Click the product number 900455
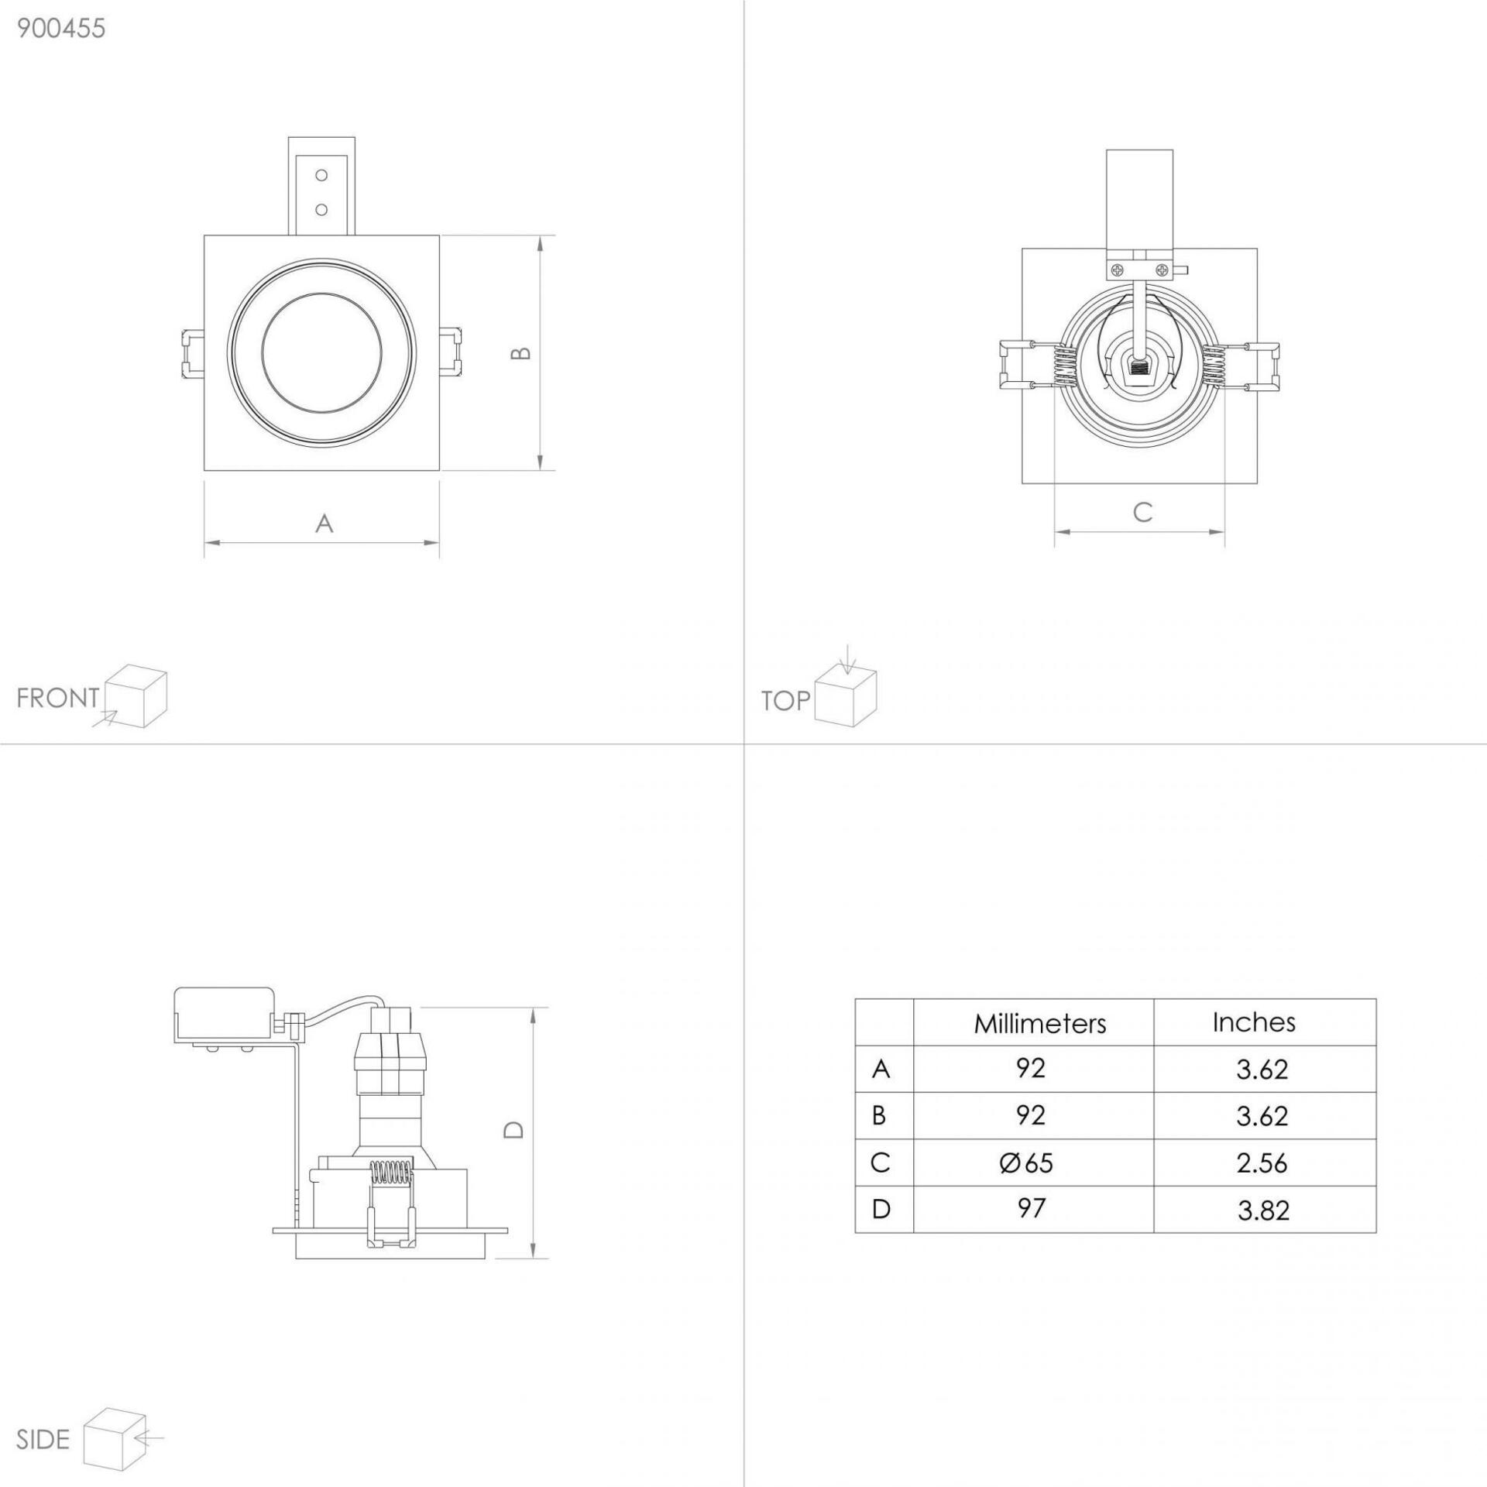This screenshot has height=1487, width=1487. pos(61,29)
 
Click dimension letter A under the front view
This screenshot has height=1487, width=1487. pos(325,524)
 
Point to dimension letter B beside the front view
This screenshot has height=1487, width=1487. pos(522,352)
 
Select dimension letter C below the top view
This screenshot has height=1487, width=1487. pos(1142,512)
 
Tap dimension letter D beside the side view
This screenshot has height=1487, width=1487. pos(513,1129)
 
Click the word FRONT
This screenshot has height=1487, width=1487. pos(58,698)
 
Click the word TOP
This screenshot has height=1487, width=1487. pos(785,701)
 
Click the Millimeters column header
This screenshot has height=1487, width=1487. pos(1040,1024)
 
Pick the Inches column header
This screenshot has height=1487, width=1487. pos(1254,1022)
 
